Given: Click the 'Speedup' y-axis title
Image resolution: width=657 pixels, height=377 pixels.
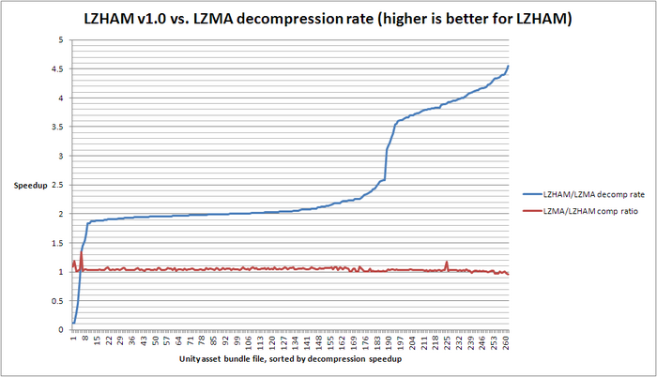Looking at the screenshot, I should click(31, 186).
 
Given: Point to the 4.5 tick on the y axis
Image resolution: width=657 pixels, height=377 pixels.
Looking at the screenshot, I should click(58, 69).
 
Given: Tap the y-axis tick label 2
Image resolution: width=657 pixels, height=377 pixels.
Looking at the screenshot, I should click(62, 214).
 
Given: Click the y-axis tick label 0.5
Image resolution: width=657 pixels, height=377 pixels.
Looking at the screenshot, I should click(58, 301).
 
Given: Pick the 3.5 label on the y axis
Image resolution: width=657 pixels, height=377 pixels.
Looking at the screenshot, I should click(58, 127).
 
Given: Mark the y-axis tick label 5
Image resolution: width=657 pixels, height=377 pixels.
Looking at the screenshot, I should click(62, 40).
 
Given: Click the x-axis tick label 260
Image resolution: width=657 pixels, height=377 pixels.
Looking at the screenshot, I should click(507, 342).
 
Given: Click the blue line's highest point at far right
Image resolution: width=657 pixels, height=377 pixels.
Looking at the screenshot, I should click(508, 66).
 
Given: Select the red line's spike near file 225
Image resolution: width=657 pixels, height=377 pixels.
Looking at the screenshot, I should click(447, 262).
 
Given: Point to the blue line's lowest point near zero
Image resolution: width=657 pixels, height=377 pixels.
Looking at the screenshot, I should click(73, 324).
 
